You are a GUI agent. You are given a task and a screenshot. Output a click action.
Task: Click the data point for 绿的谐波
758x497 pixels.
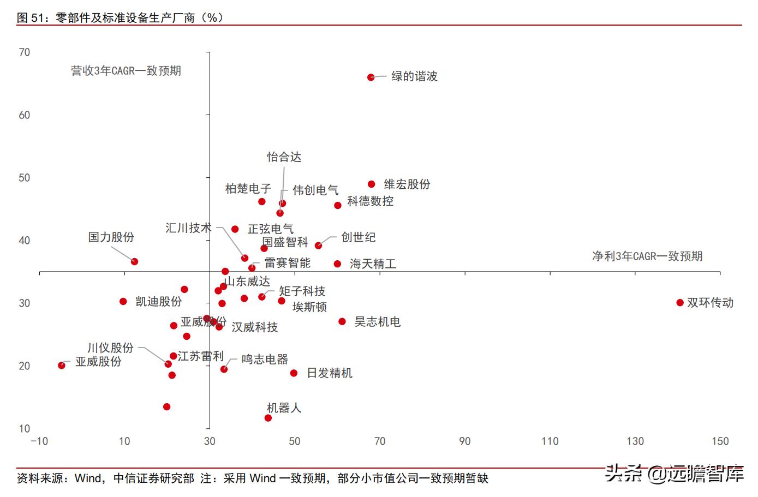click(x=371, y=77)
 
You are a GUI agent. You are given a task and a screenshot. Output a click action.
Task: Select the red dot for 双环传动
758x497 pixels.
click(x=680, y=303)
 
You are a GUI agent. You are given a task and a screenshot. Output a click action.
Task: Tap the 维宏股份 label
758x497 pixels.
click(x=407, y=184)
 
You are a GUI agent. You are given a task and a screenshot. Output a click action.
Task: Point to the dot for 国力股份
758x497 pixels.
click(x=134, y=262)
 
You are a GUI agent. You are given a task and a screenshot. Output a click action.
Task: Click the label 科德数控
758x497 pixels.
click(x=370, y=201)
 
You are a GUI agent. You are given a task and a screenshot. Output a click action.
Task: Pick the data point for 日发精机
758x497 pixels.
click(x=294, y=373)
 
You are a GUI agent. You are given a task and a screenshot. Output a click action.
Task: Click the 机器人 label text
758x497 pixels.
click(x=284, y=408)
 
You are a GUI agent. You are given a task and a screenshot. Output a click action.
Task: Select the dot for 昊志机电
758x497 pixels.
click(x=342, y=322)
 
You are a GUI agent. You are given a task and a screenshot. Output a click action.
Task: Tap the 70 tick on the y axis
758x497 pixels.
click(x=25, y=52)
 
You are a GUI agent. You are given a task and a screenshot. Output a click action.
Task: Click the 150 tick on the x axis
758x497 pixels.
click(x=720, y=441)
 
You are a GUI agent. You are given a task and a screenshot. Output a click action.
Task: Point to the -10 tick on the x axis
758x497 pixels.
click(x=39, y=441)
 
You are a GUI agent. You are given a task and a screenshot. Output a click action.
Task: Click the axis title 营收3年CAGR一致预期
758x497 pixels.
click(x=126, y=71)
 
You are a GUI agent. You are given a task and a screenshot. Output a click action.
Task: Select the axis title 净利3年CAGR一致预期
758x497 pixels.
click(x=647, y=256)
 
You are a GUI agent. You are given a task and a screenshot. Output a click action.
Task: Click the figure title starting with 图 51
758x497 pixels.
click(x=120, y=17)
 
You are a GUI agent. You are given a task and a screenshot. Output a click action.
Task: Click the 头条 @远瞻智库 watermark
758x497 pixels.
click(x=675, y=474)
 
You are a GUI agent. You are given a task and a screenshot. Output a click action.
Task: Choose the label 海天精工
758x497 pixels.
click(x=373, y=264)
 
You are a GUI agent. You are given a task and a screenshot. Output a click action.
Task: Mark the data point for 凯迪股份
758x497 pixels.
click(x=123, y=302)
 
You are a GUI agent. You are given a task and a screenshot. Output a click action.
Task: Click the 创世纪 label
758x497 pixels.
click(x=358, y=237)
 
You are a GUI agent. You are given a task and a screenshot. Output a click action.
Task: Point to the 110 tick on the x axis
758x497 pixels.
click(x=550, y=441)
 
